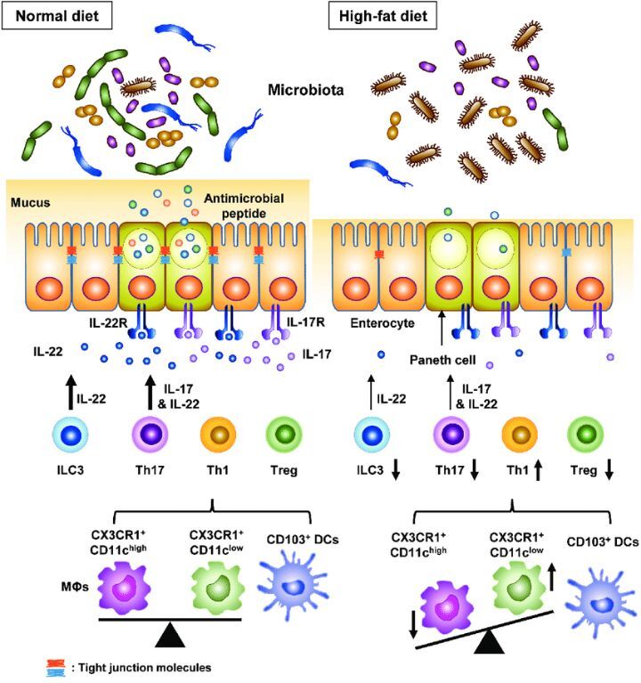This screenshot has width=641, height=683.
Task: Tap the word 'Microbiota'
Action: (x=307, y=90)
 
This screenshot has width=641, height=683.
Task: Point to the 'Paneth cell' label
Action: (x=442, y=360)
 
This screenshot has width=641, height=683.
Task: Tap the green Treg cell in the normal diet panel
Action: (x=284, y=441)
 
